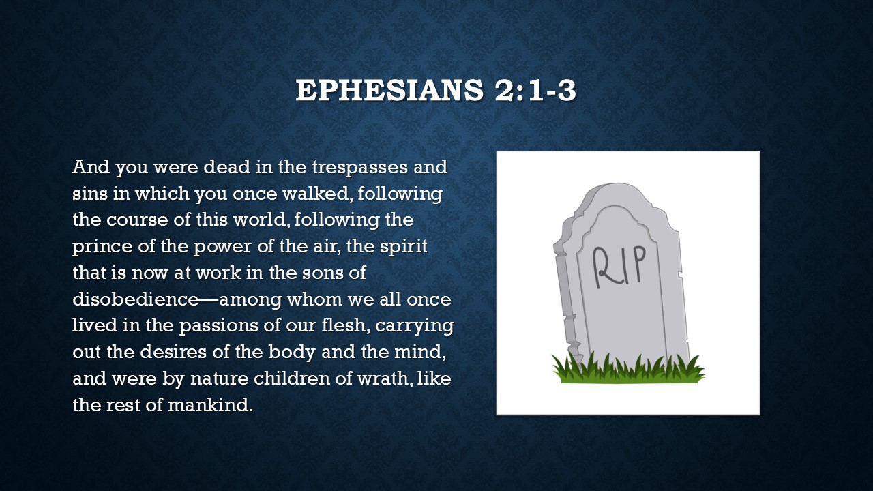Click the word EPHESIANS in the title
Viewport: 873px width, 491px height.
389,90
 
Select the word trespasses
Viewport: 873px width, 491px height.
360,168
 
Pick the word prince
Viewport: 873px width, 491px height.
102,247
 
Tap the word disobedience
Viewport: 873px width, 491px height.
136,299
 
